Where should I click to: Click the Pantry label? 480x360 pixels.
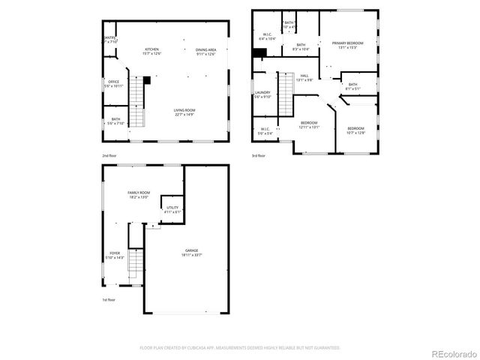(x=109, y=40)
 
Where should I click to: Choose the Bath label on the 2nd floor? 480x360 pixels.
(x=115, y=121)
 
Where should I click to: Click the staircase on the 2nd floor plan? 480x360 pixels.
(x=136, y=94)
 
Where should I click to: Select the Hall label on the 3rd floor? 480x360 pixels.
(x=304, y=77)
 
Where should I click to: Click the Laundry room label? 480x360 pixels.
(x=262, y=94)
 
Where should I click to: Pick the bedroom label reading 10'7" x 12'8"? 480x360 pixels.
(x=356, y=130)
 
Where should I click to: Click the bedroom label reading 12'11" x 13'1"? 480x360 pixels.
(x=310, y=124)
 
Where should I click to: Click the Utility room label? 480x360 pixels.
(x=172, y=210)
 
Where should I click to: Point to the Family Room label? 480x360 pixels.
(x=139, y=195)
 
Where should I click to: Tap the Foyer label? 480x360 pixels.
(x=115, y=255)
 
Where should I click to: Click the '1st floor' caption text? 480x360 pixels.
(x=109, y=300)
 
